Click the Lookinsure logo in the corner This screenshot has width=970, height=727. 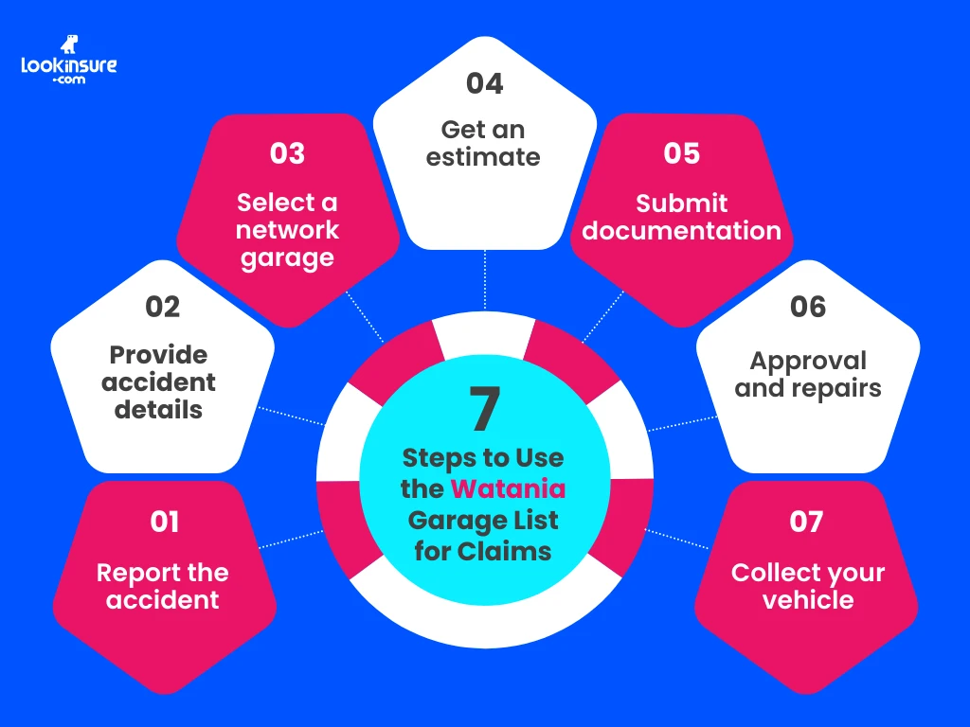[68, 62]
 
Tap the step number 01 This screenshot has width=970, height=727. [164, 522]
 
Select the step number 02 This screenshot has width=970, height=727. [163, 307]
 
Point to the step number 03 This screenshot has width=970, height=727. [287, 153]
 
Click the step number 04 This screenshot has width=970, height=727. [484, 83]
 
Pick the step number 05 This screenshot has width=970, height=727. [681, 153]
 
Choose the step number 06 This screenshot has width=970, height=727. [808, 307]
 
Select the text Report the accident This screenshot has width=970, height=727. [163, 586]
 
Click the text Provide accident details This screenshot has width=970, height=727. [159, 381]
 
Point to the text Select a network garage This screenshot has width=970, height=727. [287, 230]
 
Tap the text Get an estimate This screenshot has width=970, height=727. [483, 143]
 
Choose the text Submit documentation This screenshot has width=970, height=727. [682, 217]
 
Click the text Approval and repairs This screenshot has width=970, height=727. [808, 374]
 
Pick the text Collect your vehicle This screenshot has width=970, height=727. [808, 586]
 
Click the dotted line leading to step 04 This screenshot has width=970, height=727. [485, 279]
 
